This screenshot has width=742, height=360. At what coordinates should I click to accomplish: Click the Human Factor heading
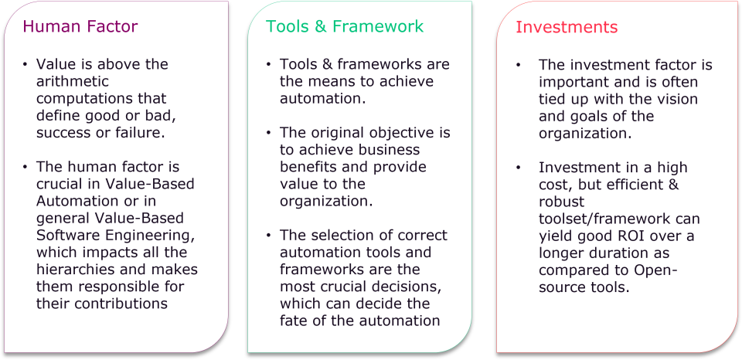80,26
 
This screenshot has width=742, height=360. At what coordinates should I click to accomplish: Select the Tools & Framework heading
345,26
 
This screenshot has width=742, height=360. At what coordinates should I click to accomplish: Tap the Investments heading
567,27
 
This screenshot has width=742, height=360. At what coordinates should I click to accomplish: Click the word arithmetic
73,81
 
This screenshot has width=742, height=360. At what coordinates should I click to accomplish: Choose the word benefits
309,167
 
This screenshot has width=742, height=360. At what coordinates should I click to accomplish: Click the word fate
294,321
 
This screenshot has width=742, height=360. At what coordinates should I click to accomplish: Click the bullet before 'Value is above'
25,64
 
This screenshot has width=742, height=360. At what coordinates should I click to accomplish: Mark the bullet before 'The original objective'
269,133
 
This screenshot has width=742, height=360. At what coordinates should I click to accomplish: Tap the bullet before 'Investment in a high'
519,168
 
